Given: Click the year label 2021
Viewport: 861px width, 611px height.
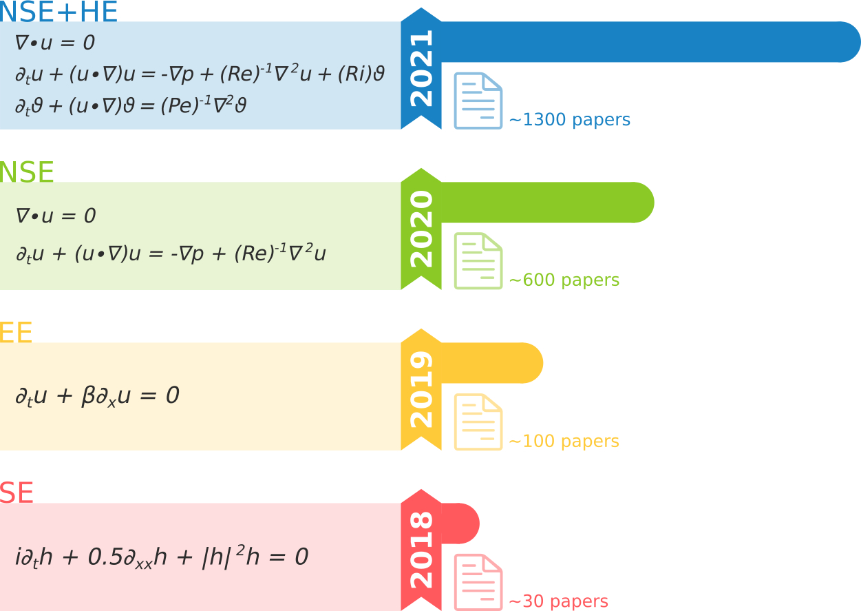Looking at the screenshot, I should (421, 68).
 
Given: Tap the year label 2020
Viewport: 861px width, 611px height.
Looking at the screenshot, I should (421, 229).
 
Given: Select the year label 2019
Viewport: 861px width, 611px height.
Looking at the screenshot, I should (421, 389).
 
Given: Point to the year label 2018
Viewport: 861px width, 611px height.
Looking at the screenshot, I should (421, 550).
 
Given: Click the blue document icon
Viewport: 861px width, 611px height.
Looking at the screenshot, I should (478, 101).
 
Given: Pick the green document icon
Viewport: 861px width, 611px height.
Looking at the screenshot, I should (478, 261).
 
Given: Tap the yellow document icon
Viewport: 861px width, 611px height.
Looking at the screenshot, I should (478, 422).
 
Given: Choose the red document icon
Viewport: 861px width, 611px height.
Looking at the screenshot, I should (478, 582).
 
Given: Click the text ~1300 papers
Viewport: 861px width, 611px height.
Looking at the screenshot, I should (569, 120).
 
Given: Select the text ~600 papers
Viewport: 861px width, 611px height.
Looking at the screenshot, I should (564, 280).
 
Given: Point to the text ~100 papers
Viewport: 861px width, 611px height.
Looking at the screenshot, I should (564, 441).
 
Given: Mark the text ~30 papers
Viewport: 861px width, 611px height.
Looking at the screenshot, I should (558, 601).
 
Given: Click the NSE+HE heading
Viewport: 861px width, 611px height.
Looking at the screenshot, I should (59, 12).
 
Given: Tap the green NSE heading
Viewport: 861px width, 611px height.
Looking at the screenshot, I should (27, 172).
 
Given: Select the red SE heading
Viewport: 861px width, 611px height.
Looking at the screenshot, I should (17, 493).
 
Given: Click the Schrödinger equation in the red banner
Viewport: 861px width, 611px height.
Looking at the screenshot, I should (161, 557).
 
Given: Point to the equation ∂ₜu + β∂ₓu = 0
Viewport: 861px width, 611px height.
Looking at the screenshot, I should (97, 396).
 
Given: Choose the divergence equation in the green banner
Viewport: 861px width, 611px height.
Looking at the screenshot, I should (55, 216).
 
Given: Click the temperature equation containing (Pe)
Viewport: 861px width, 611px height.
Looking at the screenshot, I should (131, 106).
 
